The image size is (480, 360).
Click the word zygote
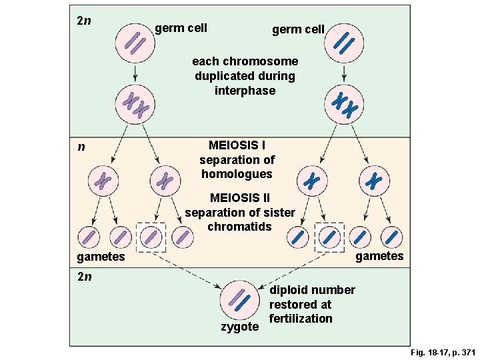pyautogui.click(x=239, y=327)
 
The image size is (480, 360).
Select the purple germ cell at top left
pyautogui.click(x=135, y=44)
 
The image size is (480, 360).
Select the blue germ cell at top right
pyautogui.click(x=344, y=44)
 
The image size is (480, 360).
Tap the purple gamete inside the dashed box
pyautogui.click(x=151, y=237)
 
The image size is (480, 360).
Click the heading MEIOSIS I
pyautogui.click(x=236, y=145)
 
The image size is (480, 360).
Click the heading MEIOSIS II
pyautogui.click(x=239, y=198)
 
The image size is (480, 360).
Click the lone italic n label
pyautogui.click(x=81, y=146)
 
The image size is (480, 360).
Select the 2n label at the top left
pyautogui.click(x=84, y=20)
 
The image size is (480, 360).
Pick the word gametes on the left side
pyautogui.click(x=101, y=257)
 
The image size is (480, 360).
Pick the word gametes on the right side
pyautogui.click(x=379, y=256)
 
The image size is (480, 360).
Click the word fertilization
pyautogui.click(x=301, y=319)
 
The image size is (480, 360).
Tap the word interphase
pyautogui.click(x=245, y=91)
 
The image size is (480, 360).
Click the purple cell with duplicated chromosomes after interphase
pyautogui.click(x=135, y=105)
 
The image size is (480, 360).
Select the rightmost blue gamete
pyautogui.click(x=391, y=237)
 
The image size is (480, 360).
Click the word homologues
pyautogui.click(x=237, y=174)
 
